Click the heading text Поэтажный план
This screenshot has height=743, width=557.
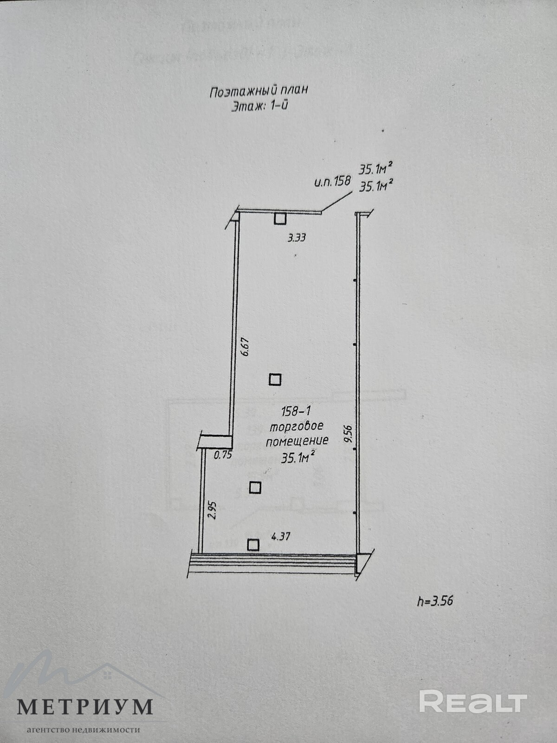point(259,91)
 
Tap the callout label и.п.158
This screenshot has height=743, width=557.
point(332,182)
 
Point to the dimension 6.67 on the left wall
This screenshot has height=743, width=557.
point(246,346)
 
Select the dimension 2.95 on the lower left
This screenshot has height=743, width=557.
point(212,510)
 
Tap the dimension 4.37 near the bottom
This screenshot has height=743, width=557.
point(280,537)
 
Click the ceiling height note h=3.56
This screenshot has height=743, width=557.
point(435,601)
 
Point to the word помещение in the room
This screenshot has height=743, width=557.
point(297,441)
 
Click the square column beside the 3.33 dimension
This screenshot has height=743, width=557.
point(279,219)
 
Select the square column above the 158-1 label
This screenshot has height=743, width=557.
point(275,380)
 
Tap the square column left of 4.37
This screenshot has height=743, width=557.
point(253,544)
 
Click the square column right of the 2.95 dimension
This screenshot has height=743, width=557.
point(255,488)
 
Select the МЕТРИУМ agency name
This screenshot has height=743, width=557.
point(85,706)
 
